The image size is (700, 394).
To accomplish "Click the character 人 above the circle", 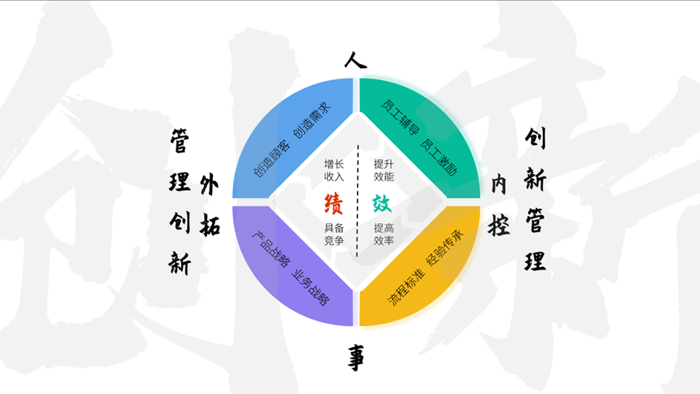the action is (355, 61).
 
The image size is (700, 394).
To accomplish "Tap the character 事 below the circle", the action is (356, 357).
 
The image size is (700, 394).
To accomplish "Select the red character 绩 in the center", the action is (333, 204).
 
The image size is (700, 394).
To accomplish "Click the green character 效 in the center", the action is (382, 204).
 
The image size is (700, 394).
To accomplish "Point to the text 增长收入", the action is (334, 171).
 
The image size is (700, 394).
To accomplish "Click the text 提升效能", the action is (384, 171).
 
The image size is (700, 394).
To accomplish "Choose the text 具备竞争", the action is (334, 235).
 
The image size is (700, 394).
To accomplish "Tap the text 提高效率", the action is (384, 235).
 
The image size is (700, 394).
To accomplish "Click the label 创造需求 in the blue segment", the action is (312, 120).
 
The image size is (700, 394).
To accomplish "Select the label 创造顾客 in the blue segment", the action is (272, 158).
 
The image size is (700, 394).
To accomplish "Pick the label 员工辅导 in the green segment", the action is (401, 117).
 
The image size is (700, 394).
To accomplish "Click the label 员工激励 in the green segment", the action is (439, 157).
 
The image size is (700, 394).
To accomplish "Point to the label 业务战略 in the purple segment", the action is (311, 288).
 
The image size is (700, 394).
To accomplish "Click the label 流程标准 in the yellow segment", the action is (405, 287).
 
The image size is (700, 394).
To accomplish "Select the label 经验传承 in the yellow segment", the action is (444, 248).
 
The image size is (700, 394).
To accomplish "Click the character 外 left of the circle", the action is (209, 184).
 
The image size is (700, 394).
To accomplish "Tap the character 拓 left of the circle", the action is (210, 224).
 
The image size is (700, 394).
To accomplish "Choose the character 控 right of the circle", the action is (498, 224).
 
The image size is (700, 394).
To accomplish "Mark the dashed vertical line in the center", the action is (358, 201).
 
